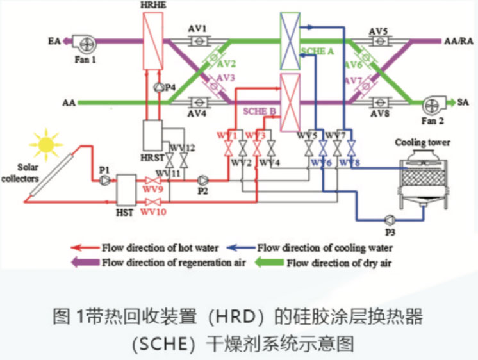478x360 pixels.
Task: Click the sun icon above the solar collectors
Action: click(46, 145)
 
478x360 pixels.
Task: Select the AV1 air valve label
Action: click(198, 29)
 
